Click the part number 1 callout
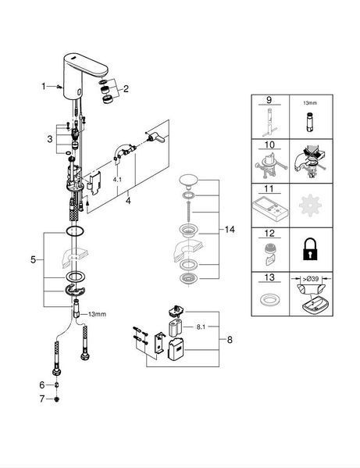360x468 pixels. click(x=44, y=87)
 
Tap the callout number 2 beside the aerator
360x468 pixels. click(x=126, y=88)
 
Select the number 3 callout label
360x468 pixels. click(x=50, y=139)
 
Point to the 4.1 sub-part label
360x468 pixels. click(x=117, y=180)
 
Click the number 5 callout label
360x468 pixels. click(x=33, y=259)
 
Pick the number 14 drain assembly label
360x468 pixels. click(x=230, y=230)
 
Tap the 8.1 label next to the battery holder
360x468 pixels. click(x=201, y=327)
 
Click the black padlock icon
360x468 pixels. click(x=310, y=248)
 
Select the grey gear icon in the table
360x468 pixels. click(x=310, y=205)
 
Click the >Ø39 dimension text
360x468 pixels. click(x=311, y=280)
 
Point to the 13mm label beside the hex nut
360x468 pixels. click(x=97, y=314)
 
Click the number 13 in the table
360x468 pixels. click(x=269, y=277)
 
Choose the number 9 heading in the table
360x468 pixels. click(x=269, y=99)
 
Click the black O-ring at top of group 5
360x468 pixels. click(x=74, y=231)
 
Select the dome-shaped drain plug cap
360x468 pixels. click(x=188, y=182)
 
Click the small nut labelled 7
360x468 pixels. click(x=57, y=398)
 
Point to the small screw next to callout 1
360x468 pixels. click(x=59, y=87)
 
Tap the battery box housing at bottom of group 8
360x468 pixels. click(x=176, y=349)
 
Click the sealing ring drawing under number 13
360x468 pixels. click(x=270, y=300)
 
